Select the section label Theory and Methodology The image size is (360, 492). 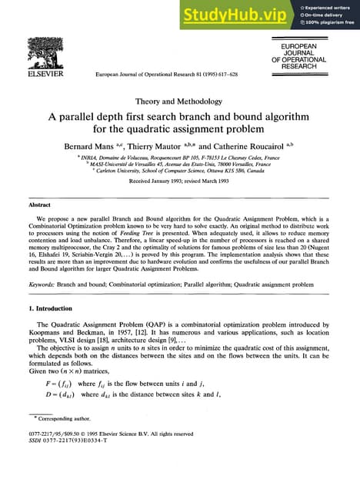(x=180, y=101)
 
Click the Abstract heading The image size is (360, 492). (x=39, y=205)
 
